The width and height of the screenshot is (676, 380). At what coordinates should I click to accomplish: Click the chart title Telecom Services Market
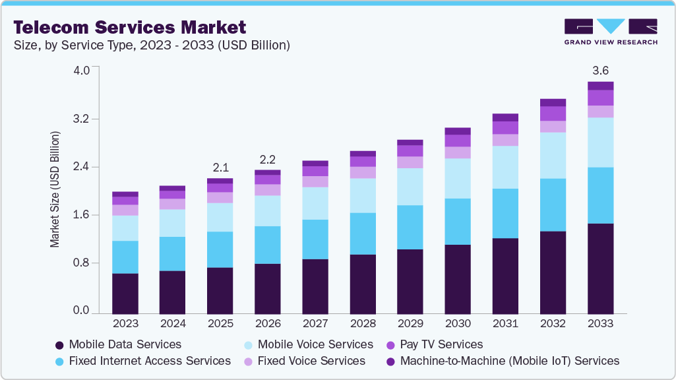coord(130,27)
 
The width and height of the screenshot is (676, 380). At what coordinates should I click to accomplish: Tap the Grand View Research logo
coord(610,32)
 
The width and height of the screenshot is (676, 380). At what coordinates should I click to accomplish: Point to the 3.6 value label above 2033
coord(600,70)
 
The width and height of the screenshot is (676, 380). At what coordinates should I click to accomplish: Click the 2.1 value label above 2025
coord(220,168)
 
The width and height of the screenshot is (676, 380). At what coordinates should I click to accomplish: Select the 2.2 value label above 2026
coord(267,159)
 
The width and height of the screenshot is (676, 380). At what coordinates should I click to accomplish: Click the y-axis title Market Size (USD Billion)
coord(55,189)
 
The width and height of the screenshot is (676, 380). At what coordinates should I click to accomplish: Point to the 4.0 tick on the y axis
coord(81,71)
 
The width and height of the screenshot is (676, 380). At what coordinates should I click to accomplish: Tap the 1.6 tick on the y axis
coord(81,215)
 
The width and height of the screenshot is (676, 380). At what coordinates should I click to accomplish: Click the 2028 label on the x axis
coord(362,324)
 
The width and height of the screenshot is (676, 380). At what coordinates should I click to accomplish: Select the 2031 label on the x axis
coord(505,324)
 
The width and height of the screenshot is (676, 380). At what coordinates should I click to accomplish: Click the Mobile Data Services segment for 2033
coord(600,269)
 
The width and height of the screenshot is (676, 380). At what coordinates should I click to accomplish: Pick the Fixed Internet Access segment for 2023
coord(125,257)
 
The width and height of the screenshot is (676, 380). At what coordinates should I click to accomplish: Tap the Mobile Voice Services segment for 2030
coord(458,178)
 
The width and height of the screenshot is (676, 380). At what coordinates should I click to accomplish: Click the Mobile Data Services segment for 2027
coord(315,286)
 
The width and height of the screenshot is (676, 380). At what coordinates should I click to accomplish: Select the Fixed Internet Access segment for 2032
coord(553,205)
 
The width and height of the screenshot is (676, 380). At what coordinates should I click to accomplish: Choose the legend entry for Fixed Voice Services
coord(311,361)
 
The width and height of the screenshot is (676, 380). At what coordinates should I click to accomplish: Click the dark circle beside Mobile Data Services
coord(59,345)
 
